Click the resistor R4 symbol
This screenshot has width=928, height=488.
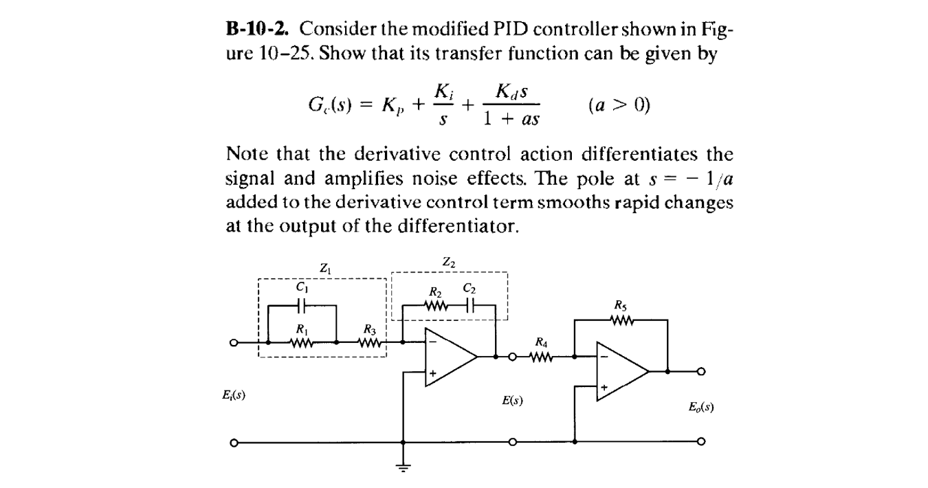pos(542,357)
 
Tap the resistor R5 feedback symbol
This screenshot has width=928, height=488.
pos(621,320)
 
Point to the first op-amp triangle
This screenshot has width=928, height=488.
pos(447,357)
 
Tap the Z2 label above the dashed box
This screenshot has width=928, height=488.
pos(448,262)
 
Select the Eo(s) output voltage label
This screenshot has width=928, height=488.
pos(700,407)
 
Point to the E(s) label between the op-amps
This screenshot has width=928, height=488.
pos(512,400)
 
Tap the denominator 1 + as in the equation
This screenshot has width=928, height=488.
pos(511,120)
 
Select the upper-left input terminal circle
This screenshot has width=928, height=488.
pos(234,342)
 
